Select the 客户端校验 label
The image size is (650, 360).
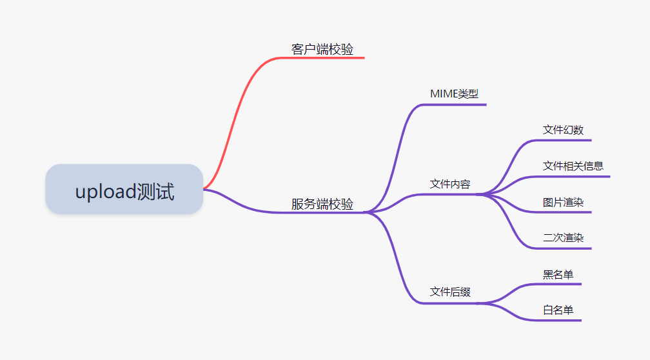point(322,50)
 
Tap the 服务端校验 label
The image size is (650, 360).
point(322,205)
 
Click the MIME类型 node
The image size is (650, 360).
point(454,94)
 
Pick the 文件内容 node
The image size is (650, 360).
point(450,185)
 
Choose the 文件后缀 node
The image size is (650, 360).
point(450,292)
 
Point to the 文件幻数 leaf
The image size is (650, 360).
point(563,130)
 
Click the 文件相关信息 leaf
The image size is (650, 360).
point(573,166)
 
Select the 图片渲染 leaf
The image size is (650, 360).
point(563,203)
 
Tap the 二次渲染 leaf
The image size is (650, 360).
point(563,238)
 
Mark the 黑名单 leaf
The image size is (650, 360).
point(558,275)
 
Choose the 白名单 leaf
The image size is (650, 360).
point(558,310)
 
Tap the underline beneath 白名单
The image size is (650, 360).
point(561,320)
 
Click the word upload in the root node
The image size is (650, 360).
point(106,192)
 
